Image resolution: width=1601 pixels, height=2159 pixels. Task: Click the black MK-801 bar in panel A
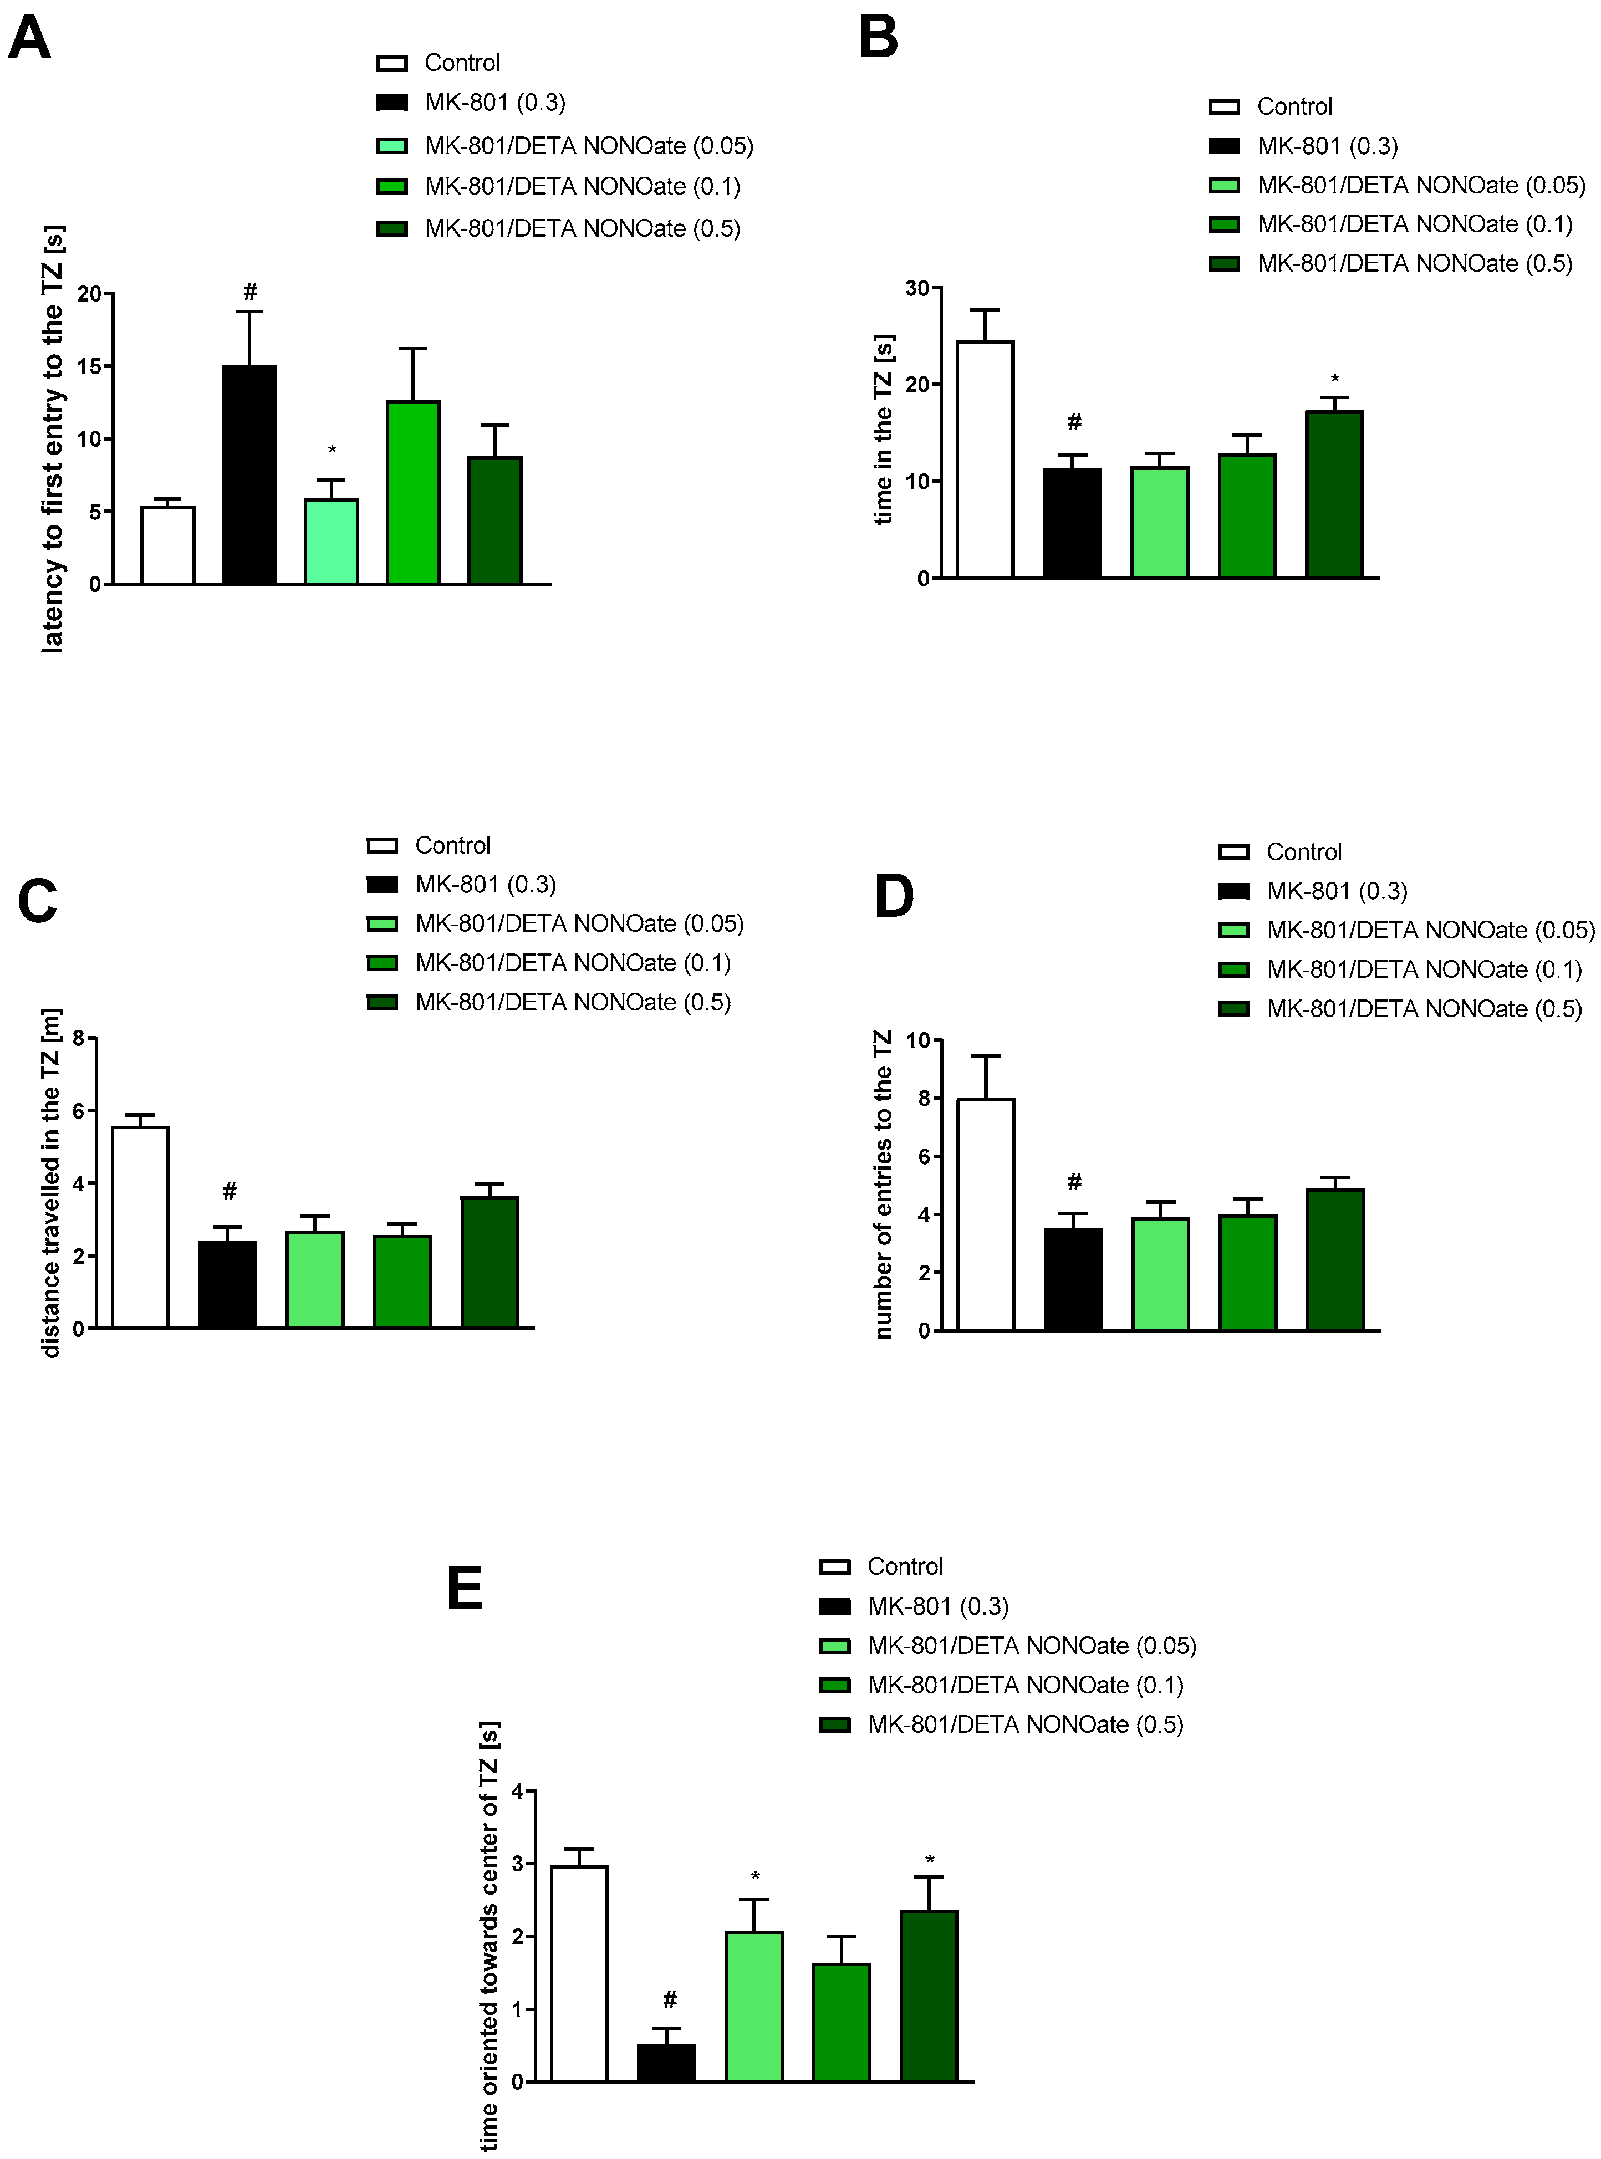(x=249, y=475)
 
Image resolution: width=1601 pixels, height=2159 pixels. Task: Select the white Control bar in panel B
(x=985, y=460)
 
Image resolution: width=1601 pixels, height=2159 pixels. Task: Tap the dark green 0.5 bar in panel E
(x=929, y=1995)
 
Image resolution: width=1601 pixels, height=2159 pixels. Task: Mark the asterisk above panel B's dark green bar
(x=1334, y=380)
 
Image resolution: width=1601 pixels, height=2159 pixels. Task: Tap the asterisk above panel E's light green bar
(x=755, y=1877)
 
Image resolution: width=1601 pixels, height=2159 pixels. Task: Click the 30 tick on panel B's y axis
(x=917, y=288)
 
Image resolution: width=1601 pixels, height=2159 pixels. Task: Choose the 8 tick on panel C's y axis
(x=79, y=1038)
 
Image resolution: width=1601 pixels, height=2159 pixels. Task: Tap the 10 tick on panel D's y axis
(x=917, y=1041)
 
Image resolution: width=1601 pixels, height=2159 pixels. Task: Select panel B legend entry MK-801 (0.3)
(x=1327, y=146)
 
